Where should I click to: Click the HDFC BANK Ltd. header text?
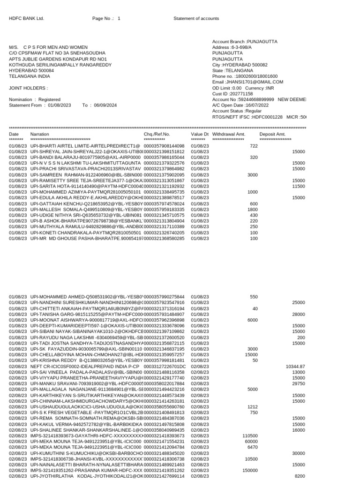coord(26,19)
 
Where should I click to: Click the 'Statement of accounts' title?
coord(196,19)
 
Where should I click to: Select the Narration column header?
coord(39,135)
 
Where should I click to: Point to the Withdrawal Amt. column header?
coord(229,135)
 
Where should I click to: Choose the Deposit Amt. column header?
coord(272,135)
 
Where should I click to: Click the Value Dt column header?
coord(200,135)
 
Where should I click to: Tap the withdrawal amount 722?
coord(254,146)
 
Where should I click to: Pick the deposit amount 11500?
coord(299,186)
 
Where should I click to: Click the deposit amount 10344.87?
coord(295,366)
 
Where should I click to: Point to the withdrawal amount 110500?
coord(250,436)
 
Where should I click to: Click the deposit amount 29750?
coord(299,383)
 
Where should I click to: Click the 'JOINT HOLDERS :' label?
coord(28,88)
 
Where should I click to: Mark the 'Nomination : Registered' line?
coord(35,100)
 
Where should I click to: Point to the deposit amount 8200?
coord(300,476)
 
